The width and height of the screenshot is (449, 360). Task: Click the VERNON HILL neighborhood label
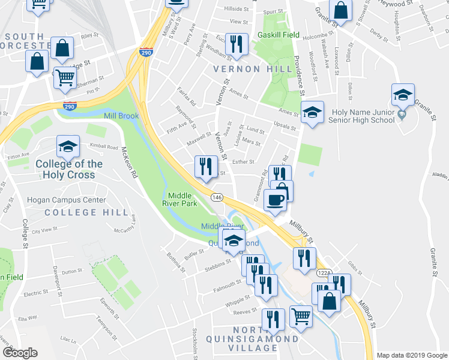[x=246, y=69]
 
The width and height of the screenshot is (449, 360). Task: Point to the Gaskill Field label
[x=278, y=35]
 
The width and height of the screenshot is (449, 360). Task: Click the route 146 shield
[x=217, y=197]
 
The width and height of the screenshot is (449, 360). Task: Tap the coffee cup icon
[x=276, y=200]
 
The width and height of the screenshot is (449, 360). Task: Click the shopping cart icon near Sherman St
[x=65, y=77]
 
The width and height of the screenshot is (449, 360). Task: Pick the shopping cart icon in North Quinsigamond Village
[x=301, y=315]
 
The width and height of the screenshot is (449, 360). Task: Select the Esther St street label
[x=243, y=161]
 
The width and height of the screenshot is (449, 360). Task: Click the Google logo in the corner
[x=20, y=353]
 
